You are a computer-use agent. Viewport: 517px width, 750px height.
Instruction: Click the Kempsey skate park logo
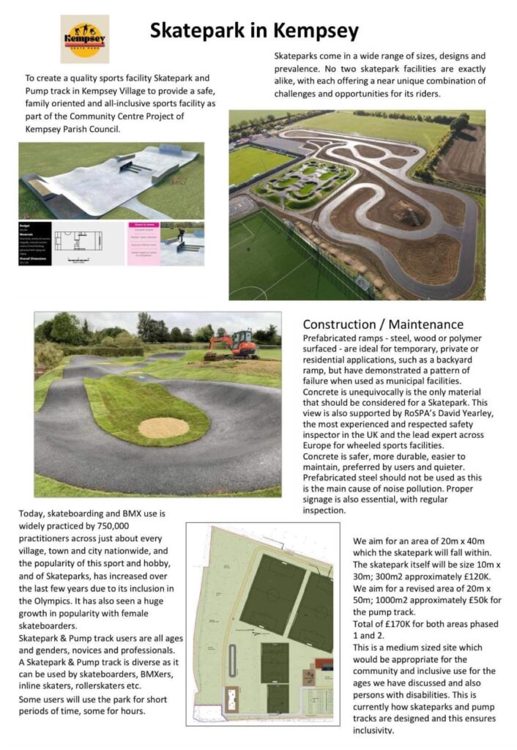[x=84, y=38]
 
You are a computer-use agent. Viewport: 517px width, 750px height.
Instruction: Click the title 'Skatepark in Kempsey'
[x=254, y=31]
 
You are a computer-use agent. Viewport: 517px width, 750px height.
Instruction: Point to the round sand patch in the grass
[x=163, y=428]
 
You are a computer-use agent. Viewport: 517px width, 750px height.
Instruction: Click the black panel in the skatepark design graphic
[x=35, y=243]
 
